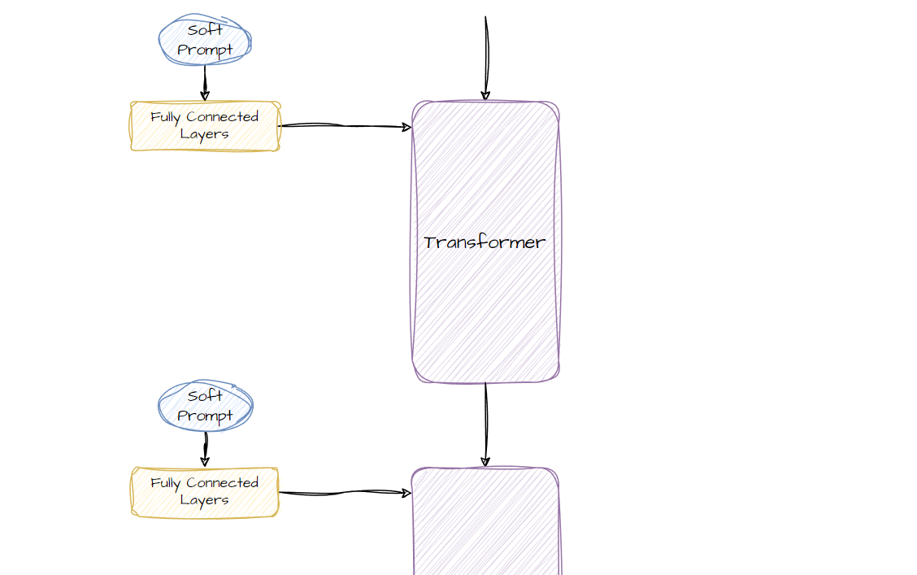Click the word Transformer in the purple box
485,242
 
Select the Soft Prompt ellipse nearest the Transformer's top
205,40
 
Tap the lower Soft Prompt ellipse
205,406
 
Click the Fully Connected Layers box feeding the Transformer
205,126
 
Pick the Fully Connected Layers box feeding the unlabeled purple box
205,492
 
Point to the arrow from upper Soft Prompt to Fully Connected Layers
205,83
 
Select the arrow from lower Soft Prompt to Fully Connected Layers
205,449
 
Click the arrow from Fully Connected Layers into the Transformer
345,126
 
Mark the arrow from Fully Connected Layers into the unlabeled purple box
345,492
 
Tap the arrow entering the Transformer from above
486,57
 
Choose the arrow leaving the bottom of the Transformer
486,423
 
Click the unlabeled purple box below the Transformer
486,525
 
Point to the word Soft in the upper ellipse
205,31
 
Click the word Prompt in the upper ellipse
205,50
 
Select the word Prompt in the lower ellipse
205,416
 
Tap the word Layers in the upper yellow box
205,134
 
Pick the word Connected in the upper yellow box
222,117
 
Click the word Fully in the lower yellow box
166,483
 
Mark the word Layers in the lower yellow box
205,500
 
